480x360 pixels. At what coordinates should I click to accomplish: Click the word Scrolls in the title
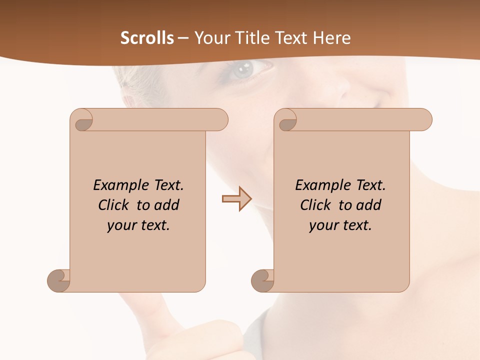pos(147,38)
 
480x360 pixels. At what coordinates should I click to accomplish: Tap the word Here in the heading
pos(331,38)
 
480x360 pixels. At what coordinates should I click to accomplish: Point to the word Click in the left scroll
pos(114,205)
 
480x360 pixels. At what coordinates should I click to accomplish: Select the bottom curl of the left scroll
pos(58,281)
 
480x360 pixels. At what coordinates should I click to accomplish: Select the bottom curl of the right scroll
pos(262,281)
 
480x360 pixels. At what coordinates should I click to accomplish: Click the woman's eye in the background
pos(245,69)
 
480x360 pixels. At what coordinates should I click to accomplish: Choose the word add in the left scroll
pos(166,205)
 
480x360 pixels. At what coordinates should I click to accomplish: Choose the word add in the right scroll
pos(368,205)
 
